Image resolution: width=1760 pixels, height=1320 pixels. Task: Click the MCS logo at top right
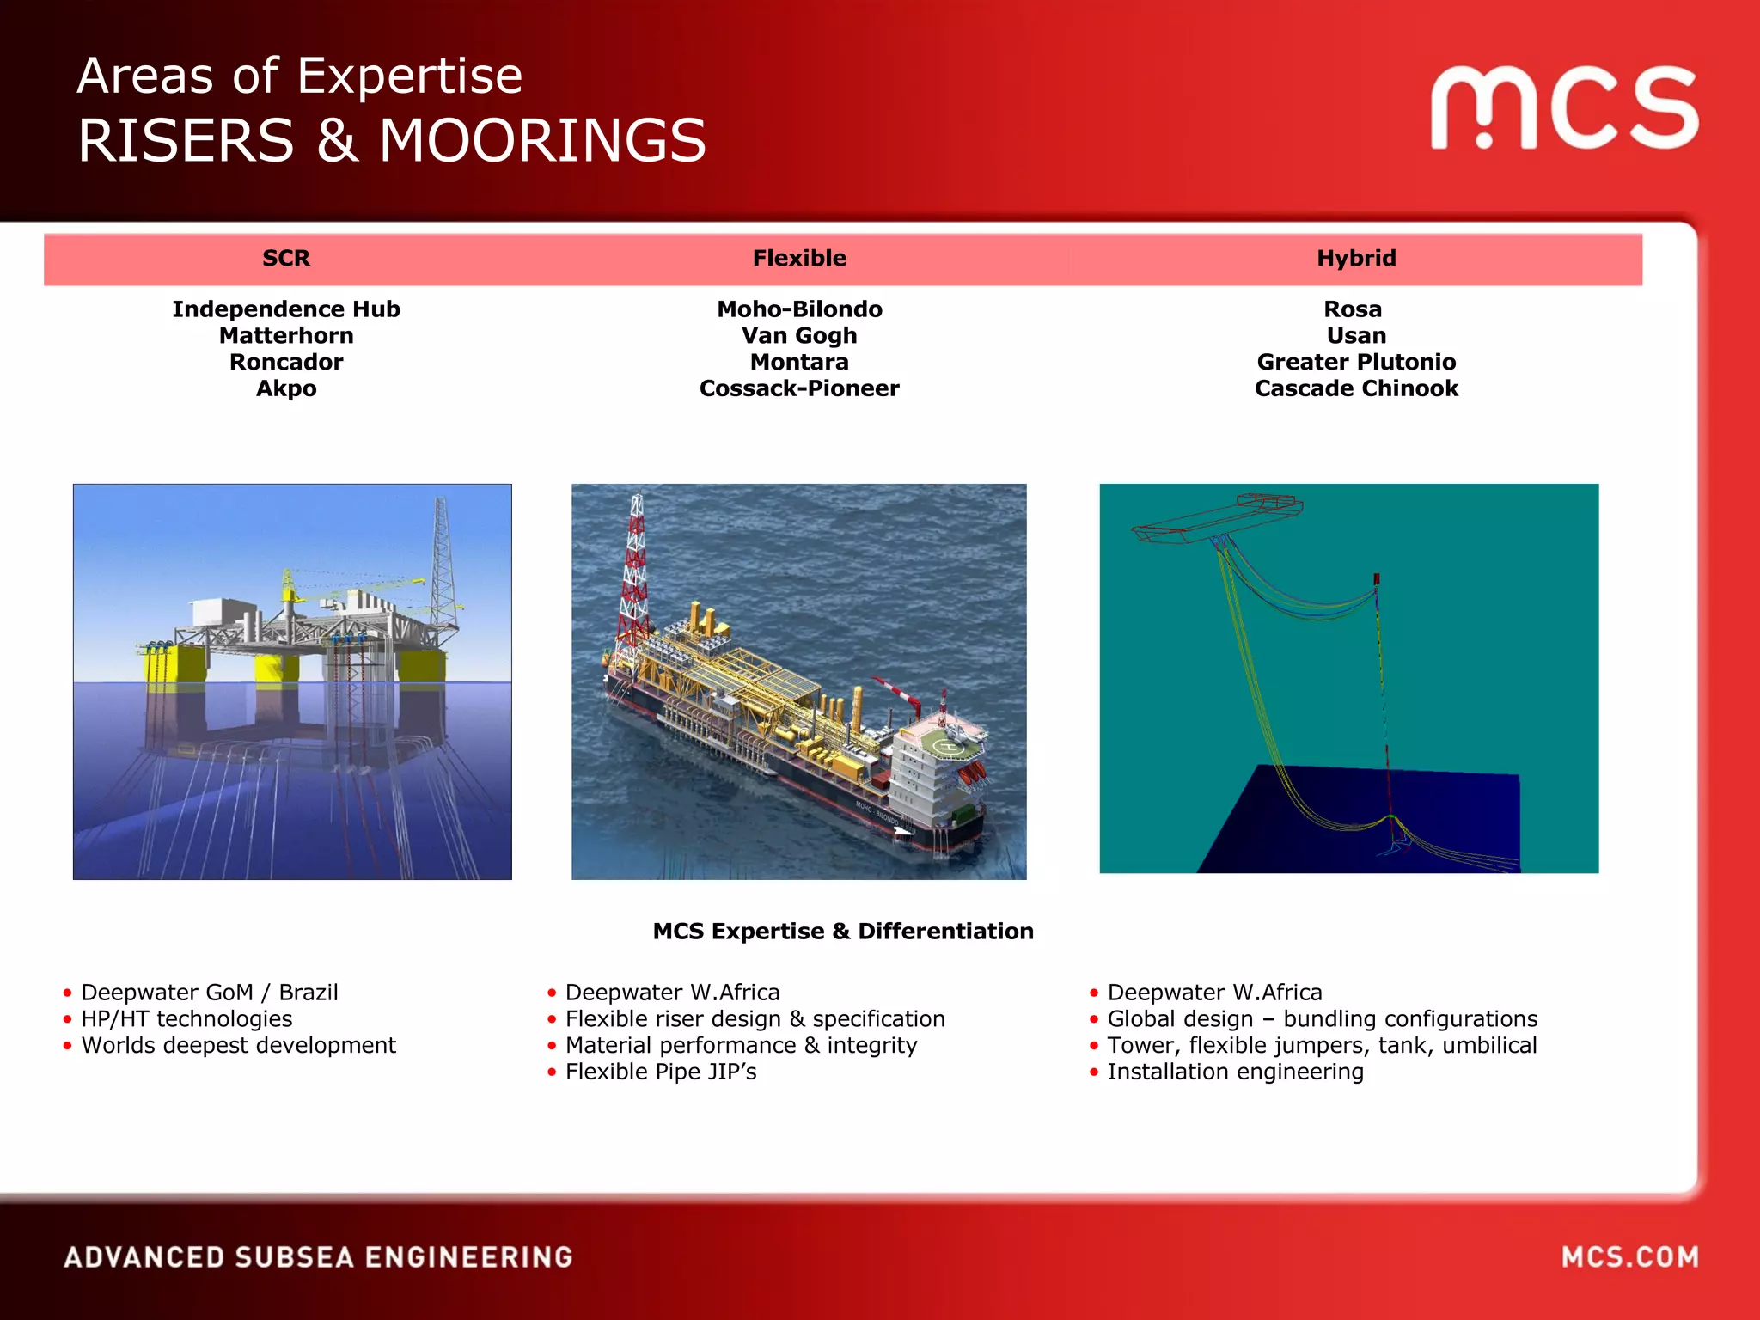[x=1564, y=107]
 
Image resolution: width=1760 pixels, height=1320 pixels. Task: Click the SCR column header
[x=286, y=258]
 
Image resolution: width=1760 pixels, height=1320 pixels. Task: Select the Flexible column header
[x=799, y=258]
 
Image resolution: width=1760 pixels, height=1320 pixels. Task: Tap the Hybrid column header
[x=1356, y=258]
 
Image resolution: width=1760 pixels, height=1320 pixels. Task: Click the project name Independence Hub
[x=286, y=309]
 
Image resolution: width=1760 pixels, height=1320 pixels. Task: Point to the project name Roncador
[x=286, y=362]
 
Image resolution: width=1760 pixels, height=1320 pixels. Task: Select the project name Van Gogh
[x=799, y=335]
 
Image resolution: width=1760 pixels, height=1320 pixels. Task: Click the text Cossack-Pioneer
[x=799, y=388]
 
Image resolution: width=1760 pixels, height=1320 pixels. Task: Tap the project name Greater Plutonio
[x=1356, y=362]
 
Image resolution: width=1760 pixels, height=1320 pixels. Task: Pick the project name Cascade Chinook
[x=1356, y=388]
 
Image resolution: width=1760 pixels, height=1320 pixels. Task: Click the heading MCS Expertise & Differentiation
[x=843, y=931]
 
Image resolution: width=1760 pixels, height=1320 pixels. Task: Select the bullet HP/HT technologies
[x=186, y=1019]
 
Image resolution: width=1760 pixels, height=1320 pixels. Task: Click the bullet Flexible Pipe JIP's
[x=661, y=1072]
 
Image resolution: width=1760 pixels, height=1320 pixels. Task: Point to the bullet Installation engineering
[x=1235, y=1072]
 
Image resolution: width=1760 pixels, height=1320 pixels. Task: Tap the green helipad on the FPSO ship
[x=948, y=747]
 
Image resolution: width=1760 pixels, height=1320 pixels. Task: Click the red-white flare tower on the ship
[x=634, y=576]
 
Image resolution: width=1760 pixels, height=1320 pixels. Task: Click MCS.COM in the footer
[x=1629, y=1257]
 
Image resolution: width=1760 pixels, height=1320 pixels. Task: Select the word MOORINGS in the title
[x=542, y=141]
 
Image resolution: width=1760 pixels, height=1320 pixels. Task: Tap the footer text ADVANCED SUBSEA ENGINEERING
[x=319, y=1257]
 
